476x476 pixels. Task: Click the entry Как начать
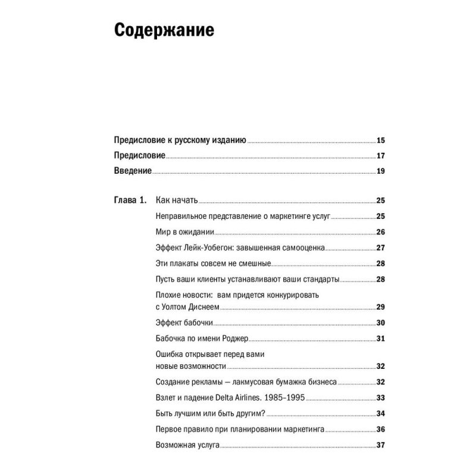pos(176,201)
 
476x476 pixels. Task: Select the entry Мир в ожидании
pos(184,232)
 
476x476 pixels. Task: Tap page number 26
pos(381,232)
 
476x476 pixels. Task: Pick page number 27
pos(381,248)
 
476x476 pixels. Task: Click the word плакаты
pos(188,264)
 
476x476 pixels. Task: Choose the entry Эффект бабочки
pos(183,323)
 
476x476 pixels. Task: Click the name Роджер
pos(230,339)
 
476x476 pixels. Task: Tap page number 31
pos(381,339)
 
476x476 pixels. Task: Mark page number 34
pos(381,414)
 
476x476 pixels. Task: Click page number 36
pos(381,429)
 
